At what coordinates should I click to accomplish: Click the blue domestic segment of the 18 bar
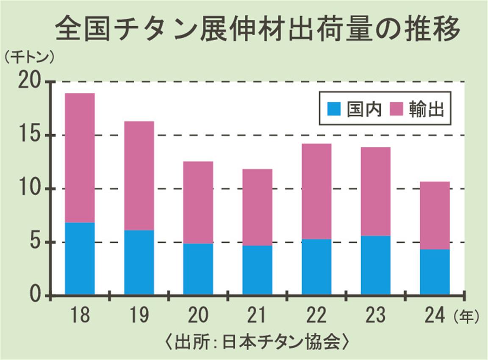[x=80, y=258]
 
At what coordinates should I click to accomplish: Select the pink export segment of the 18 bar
[x=80, y=158]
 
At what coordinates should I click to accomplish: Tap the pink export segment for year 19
[x=139, y=176]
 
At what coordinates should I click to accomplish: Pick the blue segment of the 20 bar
[x=198, y=269]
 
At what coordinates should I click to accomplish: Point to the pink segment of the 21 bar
[x=258, y=208]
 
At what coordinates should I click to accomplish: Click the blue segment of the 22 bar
[x=316, y=267]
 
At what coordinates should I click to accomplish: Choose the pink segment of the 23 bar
[x=376, y=191]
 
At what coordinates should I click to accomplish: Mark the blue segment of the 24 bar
[x=435, y=272]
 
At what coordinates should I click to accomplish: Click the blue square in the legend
[x=334, y=108]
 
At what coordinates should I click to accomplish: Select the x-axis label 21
[x=257, y=316]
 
